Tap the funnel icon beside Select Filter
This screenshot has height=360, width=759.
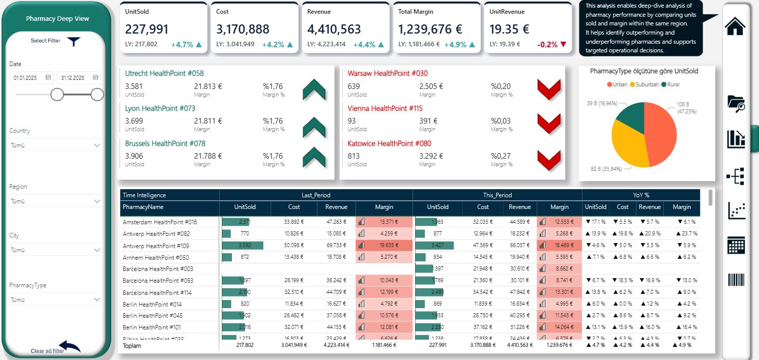(x=74, y=42)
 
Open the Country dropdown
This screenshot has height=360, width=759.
(x=55, y=145)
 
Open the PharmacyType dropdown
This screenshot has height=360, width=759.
(x=55, y=300)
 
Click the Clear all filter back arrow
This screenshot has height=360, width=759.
(x=70, y=347)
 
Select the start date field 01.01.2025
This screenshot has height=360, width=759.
(x=31, y=78)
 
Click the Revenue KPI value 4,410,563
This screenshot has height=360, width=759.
(x=334, y=29)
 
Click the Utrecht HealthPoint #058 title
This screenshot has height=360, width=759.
(x=164, y=73)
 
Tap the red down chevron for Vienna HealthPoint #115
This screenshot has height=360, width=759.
(x=549, y=122)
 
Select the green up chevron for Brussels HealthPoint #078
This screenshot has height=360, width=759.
(x=314, y=157)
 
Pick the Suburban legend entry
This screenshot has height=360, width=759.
(x=644, y=84)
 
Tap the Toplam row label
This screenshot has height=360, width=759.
(x=132, y=346)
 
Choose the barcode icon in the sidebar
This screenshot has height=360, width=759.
(x=736, y=281)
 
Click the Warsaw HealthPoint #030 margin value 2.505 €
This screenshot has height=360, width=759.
(x=431, y=86)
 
